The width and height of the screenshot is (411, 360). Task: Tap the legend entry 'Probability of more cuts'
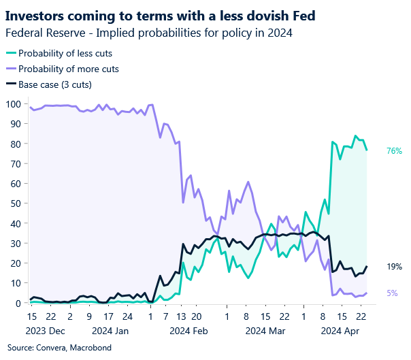[68, 69]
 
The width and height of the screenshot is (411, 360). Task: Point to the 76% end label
[394, 150]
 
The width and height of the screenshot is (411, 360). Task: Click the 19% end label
[394, 267]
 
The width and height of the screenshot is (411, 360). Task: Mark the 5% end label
[392, 293]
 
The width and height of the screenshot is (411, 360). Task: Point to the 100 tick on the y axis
[12, 104]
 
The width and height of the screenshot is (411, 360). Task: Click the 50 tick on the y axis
[14, 203]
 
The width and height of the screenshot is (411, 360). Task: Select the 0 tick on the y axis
[17, 304]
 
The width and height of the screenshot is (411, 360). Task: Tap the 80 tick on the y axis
[14, 144]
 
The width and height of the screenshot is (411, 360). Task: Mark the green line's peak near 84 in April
[355, 135]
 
